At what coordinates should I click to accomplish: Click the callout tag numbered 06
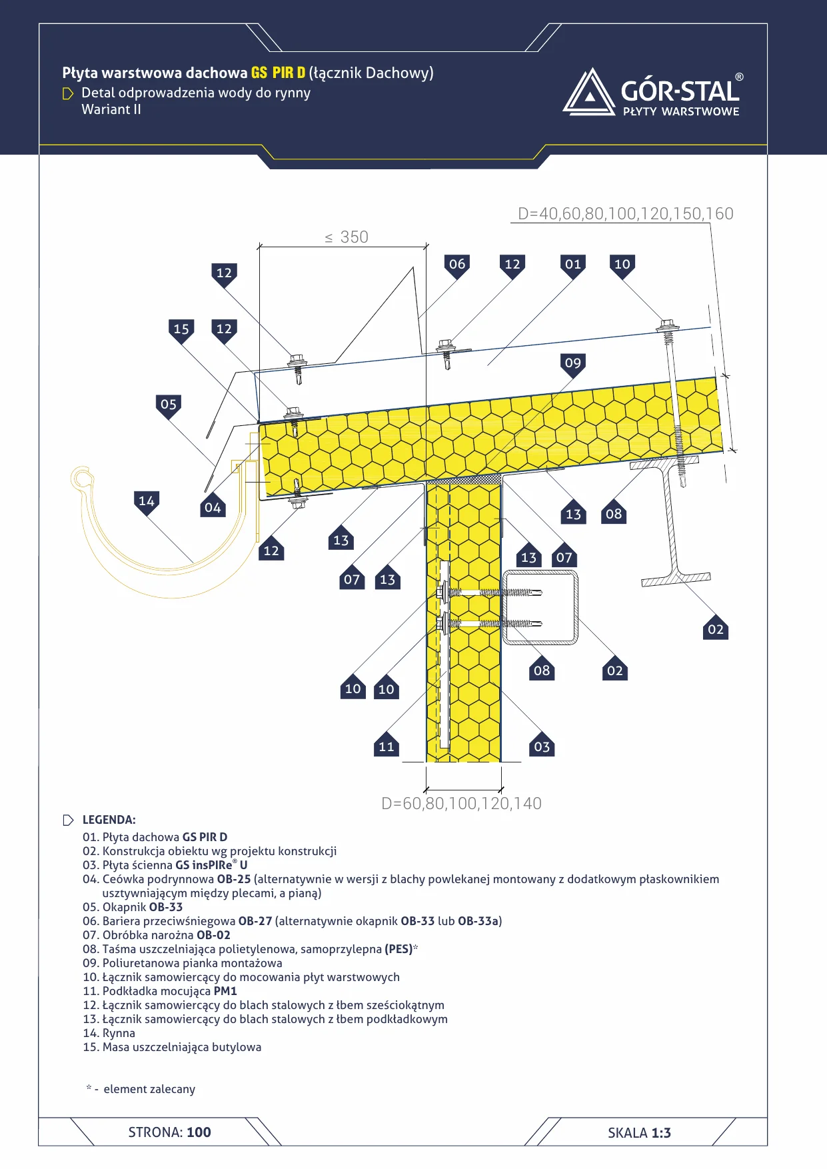pyautogui.click(x=457, y=266)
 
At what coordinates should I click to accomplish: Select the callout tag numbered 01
pyautogui.click(x=573, y=266)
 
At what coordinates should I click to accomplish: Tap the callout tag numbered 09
pyautogui.click(x=573, y=365)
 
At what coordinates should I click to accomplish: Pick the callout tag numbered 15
pyautogui.click(x=181, y=331)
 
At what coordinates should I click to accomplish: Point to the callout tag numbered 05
pyautogui.click(x=169, y=406)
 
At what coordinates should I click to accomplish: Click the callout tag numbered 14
pyautogui.click(x=147, y=503)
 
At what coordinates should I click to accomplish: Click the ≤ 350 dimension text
pyautogui.click(x=347, y=237)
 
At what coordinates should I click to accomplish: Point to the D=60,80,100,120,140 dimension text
pyautogui.click(x=461, y=803)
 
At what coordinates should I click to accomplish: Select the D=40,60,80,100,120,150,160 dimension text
pyautogui.click(x=626, y=213)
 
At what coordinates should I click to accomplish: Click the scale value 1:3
pyautogui.click(x=661, y=1132)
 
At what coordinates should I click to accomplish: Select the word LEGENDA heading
pyautogui.click(x=109, y=820)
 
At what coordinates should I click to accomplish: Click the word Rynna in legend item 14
pyautogui.click(x=119, y=1033)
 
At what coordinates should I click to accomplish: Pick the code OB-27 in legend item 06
pyautogui.click(x=255, y=921)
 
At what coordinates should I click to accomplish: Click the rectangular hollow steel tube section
pyautogui.click(x=540, y=607)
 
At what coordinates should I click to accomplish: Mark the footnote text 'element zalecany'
pyautogui.click(x=149, y=1089)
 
